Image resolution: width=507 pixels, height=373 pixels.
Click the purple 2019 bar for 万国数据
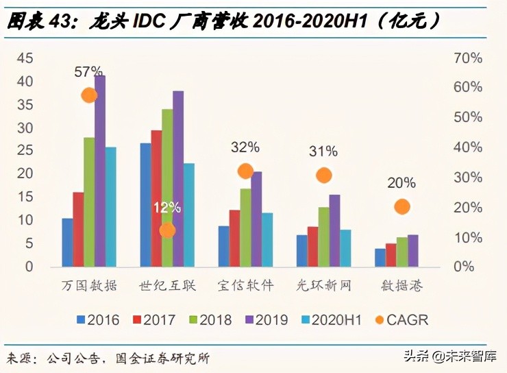pos(100,171)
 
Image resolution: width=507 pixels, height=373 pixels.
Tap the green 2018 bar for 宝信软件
pos(245,227)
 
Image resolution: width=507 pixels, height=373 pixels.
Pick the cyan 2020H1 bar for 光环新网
pos(345,248)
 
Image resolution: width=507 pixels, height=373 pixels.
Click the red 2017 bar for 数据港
pos(391,254)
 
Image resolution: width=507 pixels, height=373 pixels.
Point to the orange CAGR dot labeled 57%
pos(89,95)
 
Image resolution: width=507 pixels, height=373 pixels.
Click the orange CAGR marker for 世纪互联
pos(167,230)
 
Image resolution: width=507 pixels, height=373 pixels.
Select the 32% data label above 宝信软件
pos(245,147)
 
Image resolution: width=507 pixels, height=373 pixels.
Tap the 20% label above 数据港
pos(401,182)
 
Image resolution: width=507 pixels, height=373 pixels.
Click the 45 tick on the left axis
pos(25,58)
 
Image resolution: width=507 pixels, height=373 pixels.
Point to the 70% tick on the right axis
pos(468,58)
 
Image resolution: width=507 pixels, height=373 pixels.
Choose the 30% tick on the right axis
pos(468,177)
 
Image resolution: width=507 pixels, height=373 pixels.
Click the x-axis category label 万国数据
pos(89,286)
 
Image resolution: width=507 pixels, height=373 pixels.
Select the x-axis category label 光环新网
pos(324,286)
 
